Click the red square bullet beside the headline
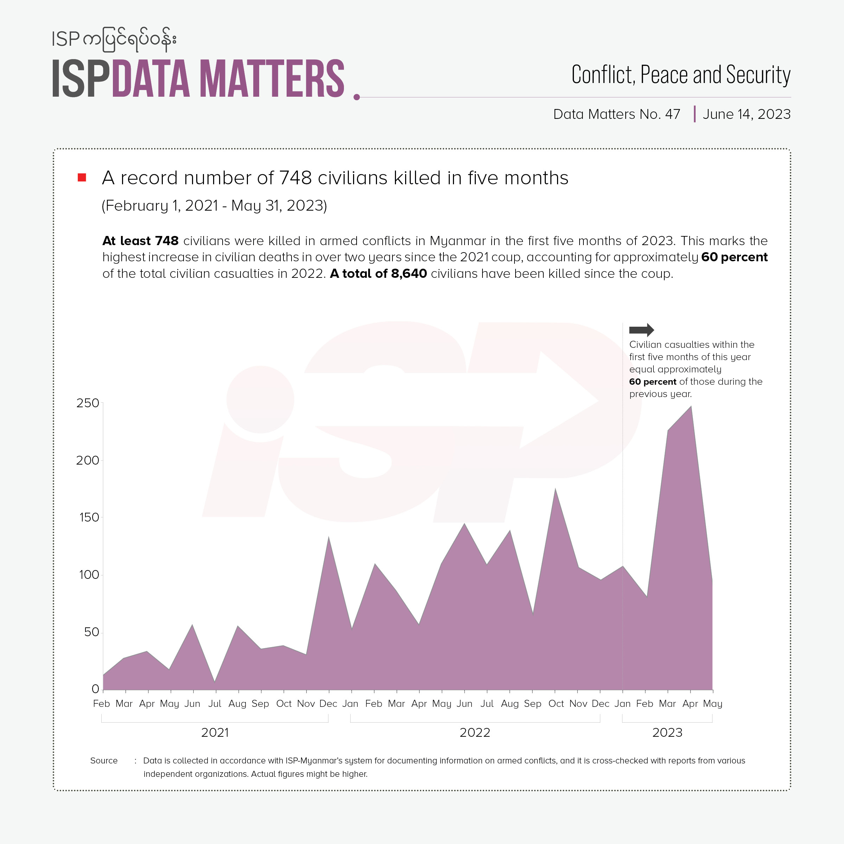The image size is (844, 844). point(82,177)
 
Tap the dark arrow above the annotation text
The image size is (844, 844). point(641,330)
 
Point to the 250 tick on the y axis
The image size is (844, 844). point(88,403)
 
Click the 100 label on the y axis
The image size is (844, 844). point(89,575)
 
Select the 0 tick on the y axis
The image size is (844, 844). point(95,689)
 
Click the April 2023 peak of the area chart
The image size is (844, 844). point(691,407)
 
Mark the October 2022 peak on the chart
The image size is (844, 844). point(555,489)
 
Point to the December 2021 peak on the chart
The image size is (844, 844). point(328,537)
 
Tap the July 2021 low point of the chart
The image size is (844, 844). point(215,682)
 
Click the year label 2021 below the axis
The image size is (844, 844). point(215,733)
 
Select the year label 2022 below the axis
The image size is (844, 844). point(475,733)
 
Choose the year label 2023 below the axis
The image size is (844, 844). point(667,733)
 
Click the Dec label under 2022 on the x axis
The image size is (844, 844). point(600,704)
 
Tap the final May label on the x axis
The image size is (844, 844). point(712,704)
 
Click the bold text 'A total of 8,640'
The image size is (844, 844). point(378,274)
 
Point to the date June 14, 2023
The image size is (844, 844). point(747,114)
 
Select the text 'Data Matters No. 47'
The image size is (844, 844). point(616,114)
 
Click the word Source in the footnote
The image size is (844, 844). point(104,761)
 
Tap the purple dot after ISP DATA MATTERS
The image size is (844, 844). point(357,97)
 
